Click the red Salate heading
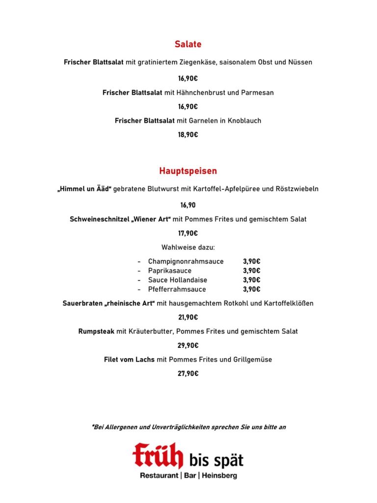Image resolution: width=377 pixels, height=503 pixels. coord(188,45)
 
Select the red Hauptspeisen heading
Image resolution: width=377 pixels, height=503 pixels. coord(188,171)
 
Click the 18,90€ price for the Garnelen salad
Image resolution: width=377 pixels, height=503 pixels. coord(188,135)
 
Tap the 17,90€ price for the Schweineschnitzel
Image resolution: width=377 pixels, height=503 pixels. coord(188,233)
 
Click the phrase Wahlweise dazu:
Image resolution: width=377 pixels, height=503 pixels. coord(188,247)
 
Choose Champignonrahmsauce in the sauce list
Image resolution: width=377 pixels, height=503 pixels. coord(186,261)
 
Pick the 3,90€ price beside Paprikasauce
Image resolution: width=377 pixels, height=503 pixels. coord(251,271)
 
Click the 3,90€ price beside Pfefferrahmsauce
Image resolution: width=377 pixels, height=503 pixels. coord(251,289)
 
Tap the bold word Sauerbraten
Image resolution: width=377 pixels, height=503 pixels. coord(82,303)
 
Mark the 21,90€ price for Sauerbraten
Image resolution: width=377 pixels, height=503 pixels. coord(188,317)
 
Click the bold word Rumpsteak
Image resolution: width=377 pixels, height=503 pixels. coord(96,331)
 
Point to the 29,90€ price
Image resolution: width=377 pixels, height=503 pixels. coord(188,345)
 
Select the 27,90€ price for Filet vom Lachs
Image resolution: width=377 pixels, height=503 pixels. coord(188,373)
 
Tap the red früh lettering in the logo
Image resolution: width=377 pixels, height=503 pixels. coord(158,455)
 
